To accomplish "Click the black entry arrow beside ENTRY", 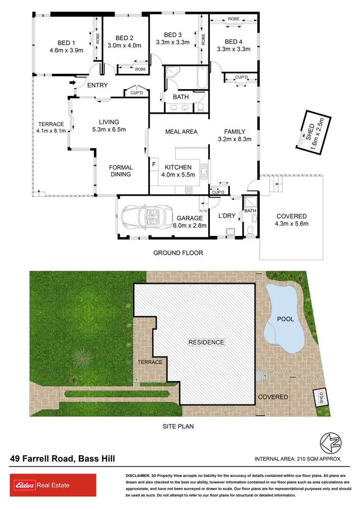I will click(x=72, y=84).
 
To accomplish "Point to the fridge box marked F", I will click(x=154, y=164).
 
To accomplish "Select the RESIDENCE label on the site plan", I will click(x=206, y=342).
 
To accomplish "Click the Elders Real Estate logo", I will click(x=40, y=485).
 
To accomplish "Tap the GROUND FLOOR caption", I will click(x=178, y=253).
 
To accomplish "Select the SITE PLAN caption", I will click(x=178, y=426).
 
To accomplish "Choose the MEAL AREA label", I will click(x=181, y=131).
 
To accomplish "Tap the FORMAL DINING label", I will click(x=120, y=171).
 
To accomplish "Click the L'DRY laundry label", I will click(x=227, y=216).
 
